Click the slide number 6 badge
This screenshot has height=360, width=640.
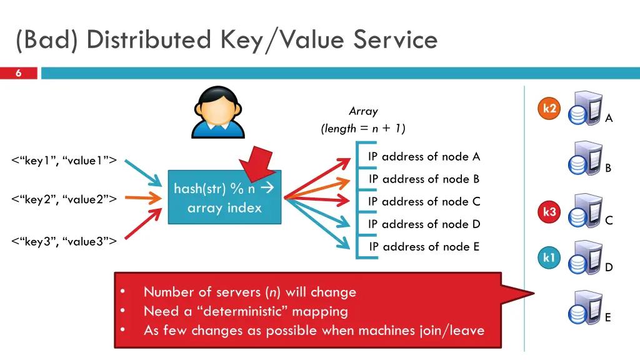coord(18,73)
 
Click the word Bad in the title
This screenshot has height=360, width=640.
coord(47,40)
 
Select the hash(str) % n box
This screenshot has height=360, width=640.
coord(224,197)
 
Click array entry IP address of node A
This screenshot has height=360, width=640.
coord(424,157)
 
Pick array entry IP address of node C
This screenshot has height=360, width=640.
coord(424,202)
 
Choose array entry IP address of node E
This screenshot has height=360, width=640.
coord(424,247)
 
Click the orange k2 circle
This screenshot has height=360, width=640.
coord(549,109)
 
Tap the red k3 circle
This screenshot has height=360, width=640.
coord(549,212)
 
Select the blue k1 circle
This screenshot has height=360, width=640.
coord(549,257)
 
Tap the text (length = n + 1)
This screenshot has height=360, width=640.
coord(363,129)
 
